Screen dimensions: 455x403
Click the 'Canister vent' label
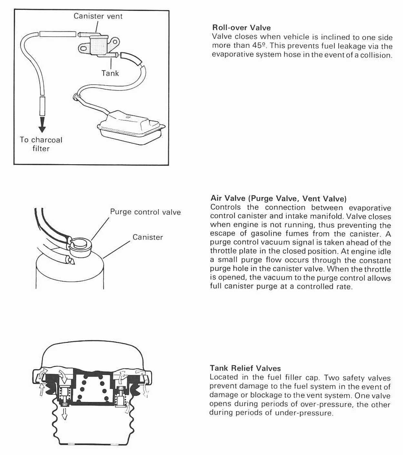(x=98, y=16)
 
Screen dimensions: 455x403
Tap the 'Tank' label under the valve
(x=110, y=74)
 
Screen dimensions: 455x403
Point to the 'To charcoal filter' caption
(x=41, y=144)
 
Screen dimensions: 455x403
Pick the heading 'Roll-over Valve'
(x=241, y=28)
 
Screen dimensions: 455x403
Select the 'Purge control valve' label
(x=145, y=212)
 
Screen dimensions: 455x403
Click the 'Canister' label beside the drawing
(x=148, y=238)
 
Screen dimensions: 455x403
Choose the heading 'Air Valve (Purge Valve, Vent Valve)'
(x=278, y=198)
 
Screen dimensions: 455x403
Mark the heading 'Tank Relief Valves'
(x=245, y=369)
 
